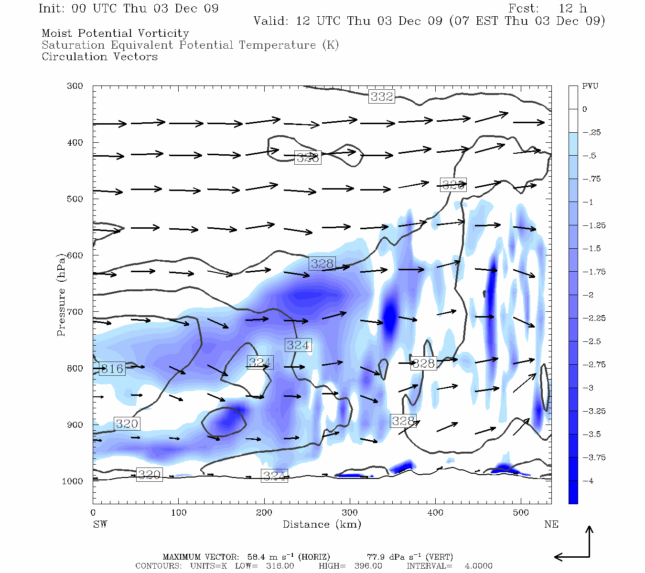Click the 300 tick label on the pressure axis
[x=75, y=86]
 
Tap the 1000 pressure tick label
[x=73, y=481]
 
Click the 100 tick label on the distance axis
[x=179, y=513]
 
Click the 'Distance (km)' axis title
[x=322, y=524]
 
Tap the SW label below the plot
[x=100, y=524]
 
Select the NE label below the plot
[x=551, y=524]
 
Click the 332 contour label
[x=382, y=96]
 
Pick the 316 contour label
[x=112, y=369]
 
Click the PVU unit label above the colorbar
[x=590, y=86]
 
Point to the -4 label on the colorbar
[x=588, y=481]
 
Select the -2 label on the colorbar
[x=588, y=295]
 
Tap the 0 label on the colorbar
[x=585, y=109]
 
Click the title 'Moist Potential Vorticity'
[x=115, y=33]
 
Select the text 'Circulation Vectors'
[x=99, y=57]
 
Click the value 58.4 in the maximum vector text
[x=257, y=557]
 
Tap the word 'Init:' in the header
[x=54, y=9]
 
